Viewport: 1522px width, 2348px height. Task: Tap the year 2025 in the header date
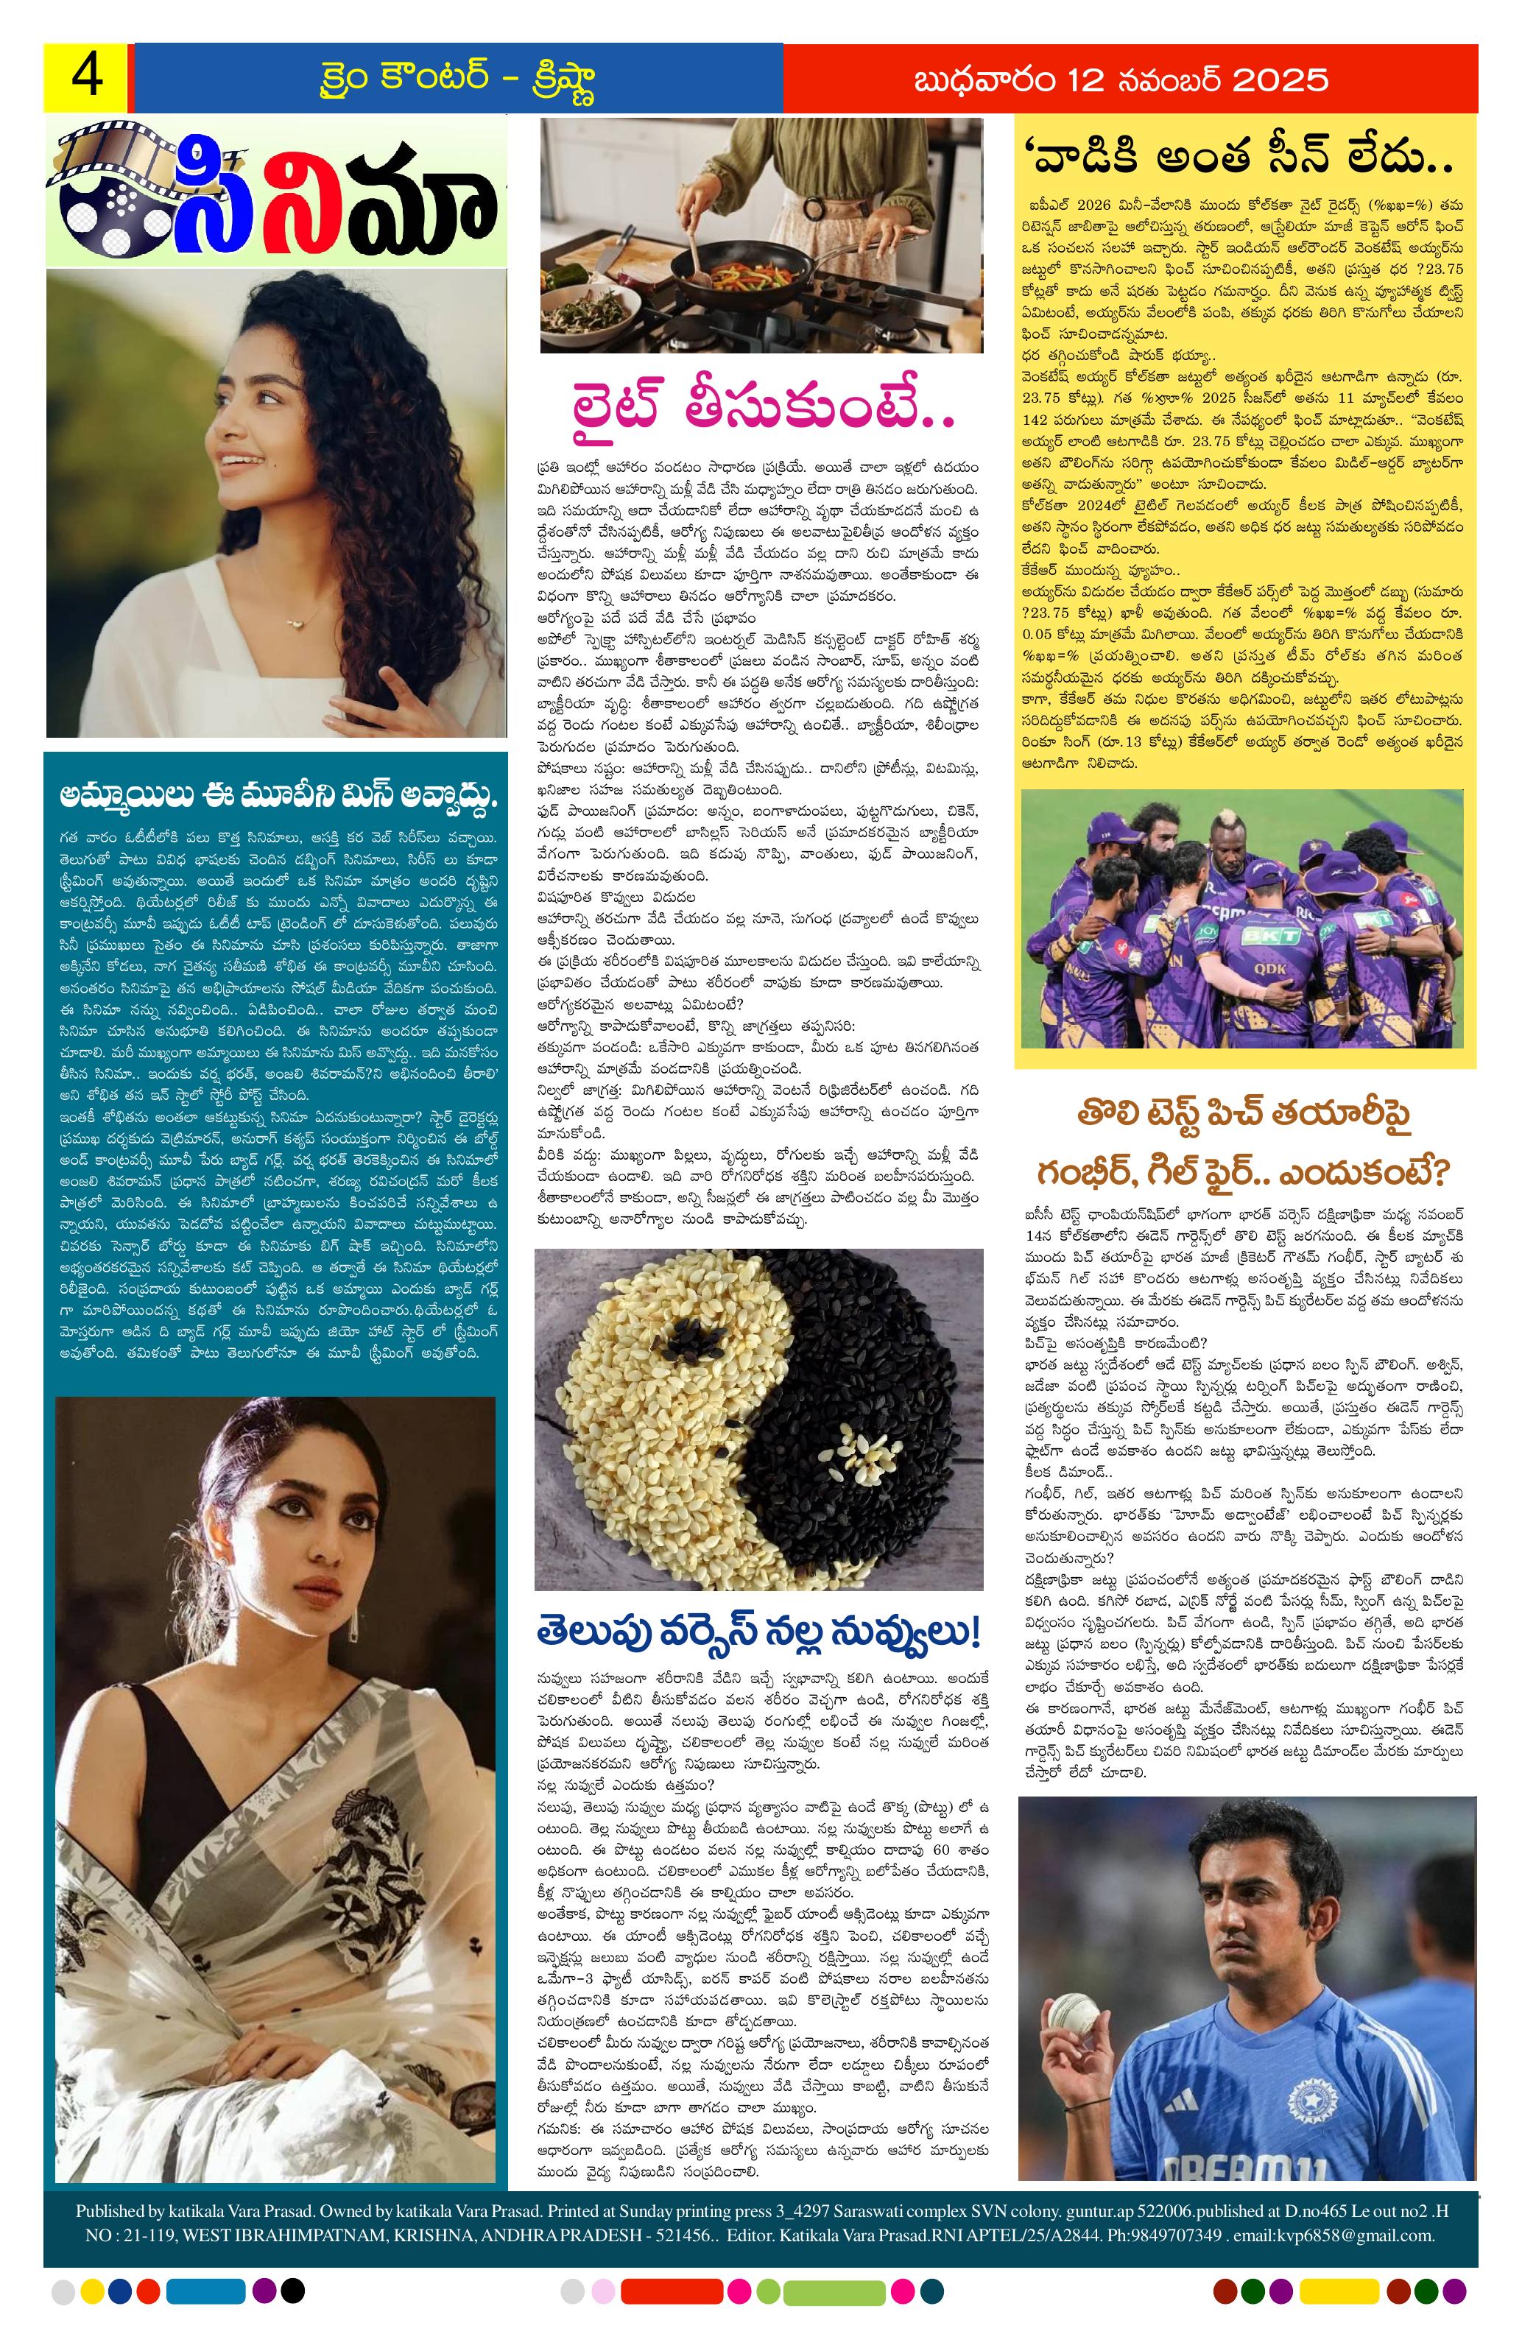click(x=1279, y=79)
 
